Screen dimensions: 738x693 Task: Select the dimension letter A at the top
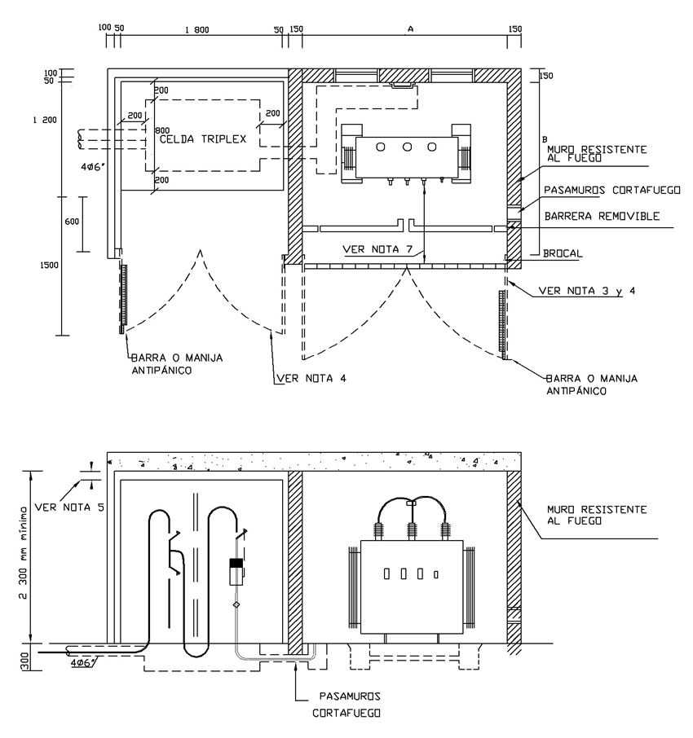411,29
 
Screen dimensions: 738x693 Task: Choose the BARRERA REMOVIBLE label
602,216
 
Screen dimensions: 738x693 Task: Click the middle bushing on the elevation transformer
412,534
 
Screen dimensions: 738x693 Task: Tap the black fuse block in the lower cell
236,563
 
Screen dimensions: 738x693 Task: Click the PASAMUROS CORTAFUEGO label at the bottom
346,705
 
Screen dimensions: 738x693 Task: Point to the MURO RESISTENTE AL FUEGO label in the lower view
597,516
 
